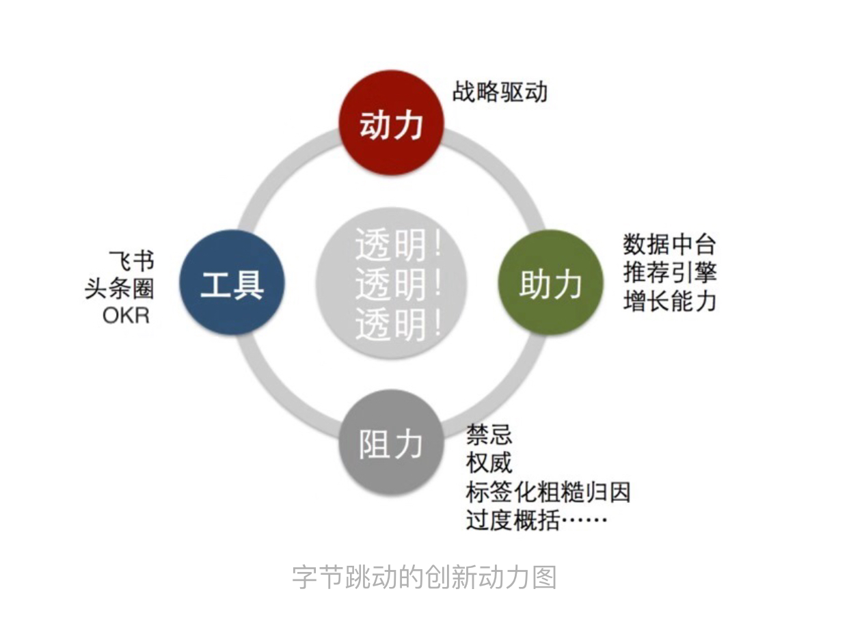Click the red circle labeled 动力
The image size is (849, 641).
pyautogui.click(x=392, y=124)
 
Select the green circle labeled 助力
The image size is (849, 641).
pyautogui.click(x=551, y=283)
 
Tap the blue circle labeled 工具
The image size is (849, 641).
pyautogui.click(x=232, y=283)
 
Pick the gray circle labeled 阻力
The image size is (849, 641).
pyautogui.click(x=392, y=444)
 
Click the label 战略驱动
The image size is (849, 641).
pyautogui.click(x=500, y=92)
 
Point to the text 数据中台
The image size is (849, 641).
pyautogui.click(x=669, y=244)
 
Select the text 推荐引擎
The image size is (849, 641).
pyautogui.click(x=669, y=273)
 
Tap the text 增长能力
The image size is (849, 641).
pyautogui.click(x=669, y=301)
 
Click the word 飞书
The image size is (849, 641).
pyautogui.click(x=132, y=260)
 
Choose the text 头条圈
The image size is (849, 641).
pyautogui.click(x=120, y=288)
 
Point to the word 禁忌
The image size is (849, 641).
pyautogui.click(x=489, y=435)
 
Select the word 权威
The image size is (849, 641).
pyautogui.click(x=489, y=463)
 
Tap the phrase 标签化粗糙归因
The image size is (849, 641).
pyautogui.click(x=548, y=492)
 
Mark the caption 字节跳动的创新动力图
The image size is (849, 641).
pyautogui.click(x=424, y=577)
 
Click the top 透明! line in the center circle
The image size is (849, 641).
pyautogui.click(x=399, y=245)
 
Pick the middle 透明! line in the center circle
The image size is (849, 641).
pyautogui.click(x=399, y=286)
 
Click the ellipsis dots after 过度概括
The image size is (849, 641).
pyautogui.click(x=584, y=522)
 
